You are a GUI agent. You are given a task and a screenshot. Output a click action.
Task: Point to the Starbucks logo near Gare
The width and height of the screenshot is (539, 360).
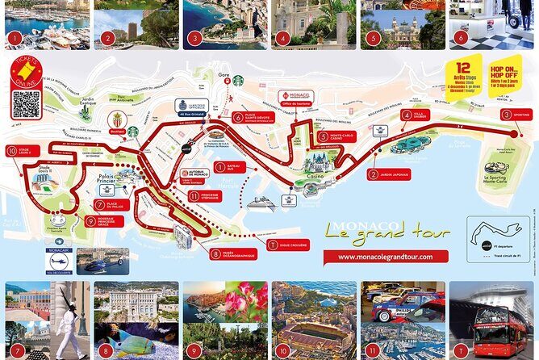238,81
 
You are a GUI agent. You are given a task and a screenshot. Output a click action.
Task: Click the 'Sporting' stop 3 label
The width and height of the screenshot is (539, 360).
516,115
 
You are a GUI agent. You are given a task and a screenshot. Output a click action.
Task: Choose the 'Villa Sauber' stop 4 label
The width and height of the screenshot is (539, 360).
416,116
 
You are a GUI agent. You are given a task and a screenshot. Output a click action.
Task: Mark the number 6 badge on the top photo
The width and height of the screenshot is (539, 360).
460,37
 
